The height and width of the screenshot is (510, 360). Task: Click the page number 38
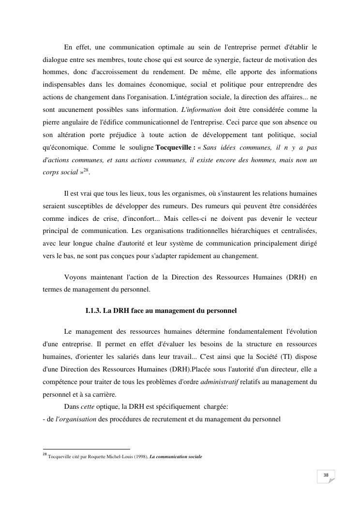click(x=326, y=476)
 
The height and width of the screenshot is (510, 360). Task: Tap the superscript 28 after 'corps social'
click(x=86, y=170)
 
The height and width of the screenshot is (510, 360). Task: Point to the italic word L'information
click(x=200, y=109)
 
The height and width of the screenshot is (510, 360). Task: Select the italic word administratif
click(x=219, y=382)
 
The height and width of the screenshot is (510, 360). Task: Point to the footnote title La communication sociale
click(x=176, y=457)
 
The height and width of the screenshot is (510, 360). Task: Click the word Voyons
click(x=75, y=278)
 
